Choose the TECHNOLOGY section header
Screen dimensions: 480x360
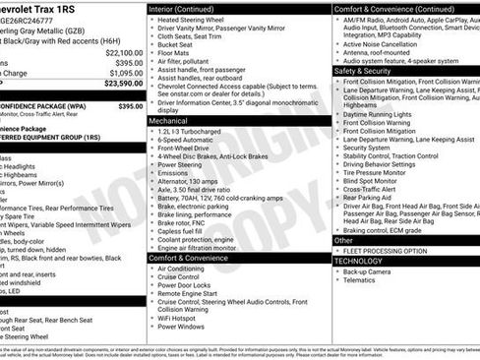[361, 261]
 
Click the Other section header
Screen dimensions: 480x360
[344, 240]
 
